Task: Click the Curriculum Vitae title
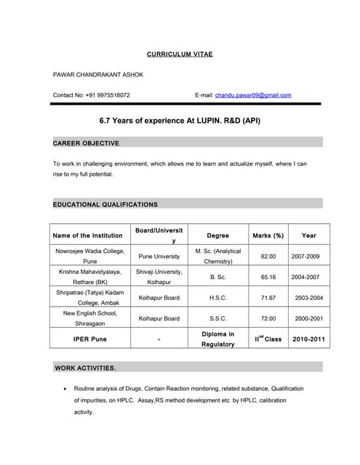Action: point(180,54)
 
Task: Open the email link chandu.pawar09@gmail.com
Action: point(252,95)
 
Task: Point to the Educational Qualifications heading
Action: point(105,204)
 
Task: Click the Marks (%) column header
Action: point(268,235)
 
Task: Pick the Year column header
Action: point(308,235)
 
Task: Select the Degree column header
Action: point(217,235)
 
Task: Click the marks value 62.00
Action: point(268,256)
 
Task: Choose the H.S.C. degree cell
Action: point(217,298)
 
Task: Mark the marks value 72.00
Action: point(268,318)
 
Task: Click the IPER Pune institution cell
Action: point(89,339)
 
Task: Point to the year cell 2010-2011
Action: point(308,339)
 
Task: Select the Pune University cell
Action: point(159,256)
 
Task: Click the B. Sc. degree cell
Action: point(217,277)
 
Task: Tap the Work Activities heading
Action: point(85,368)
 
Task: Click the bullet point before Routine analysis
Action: point(66,389)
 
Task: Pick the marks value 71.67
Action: point(268,298)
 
